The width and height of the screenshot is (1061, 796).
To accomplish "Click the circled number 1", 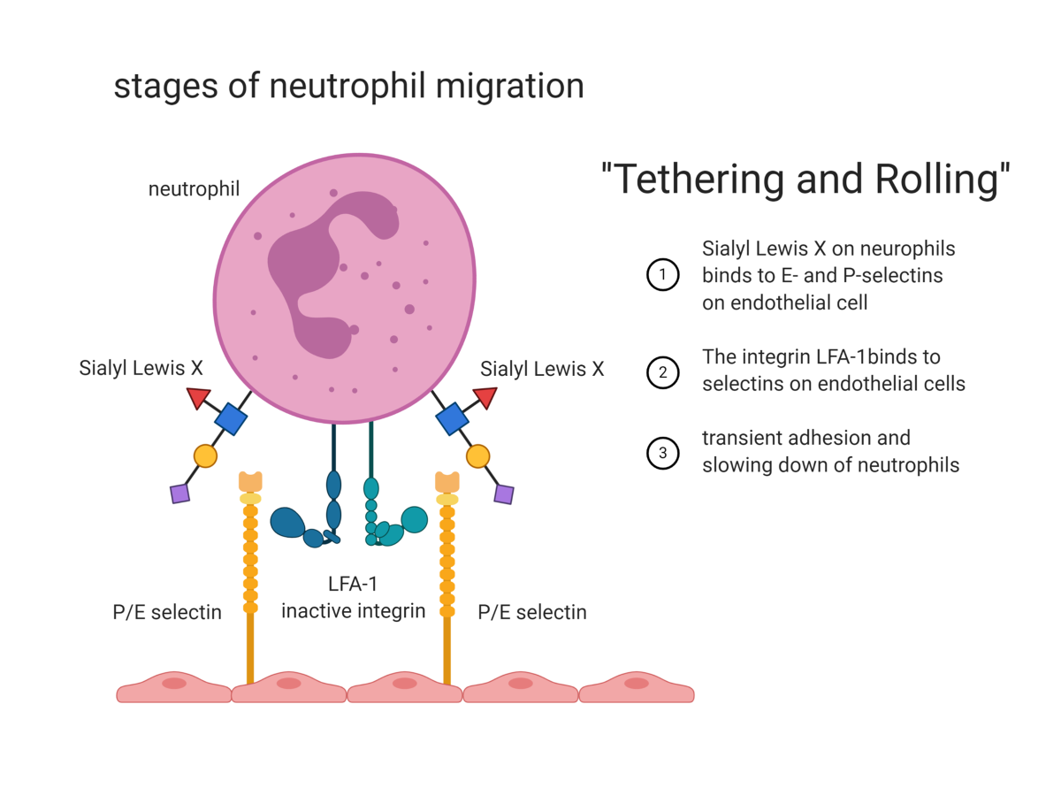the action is coord(662,274).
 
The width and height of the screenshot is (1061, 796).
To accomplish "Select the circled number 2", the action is coord(662,372).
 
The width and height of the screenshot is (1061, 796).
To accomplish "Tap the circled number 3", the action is coord(662,453).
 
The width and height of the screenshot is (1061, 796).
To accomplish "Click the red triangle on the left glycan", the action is coord(199,398).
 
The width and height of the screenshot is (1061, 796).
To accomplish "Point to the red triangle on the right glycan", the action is coord(485,397).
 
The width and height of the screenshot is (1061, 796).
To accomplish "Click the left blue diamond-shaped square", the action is coord(231,419).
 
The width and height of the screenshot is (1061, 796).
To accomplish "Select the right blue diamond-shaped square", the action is coord(452,419).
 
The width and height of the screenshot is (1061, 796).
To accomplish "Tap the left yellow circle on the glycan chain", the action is coord(205,455).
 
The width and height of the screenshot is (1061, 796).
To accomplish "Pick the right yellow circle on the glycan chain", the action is coord(477,456).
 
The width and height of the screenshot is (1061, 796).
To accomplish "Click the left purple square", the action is coord(179,494).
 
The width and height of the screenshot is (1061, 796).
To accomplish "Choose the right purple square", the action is coord(504,494).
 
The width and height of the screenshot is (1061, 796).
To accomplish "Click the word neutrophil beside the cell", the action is coord(194,189).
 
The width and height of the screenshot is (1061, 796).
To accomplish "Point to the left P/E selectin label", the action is coord(167,612).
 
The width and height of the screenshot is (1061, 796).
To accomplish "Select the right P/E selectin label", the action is coord(532,612).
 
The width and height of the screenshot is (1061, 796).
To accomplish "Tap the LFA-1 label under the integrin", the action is coord(353,584).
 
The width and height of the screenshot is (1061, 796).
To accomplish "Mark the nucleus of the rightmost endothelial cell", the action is coord(636,684).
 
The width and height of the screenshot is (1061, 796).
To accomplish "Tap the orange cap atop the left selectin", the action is coord(250,482).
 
